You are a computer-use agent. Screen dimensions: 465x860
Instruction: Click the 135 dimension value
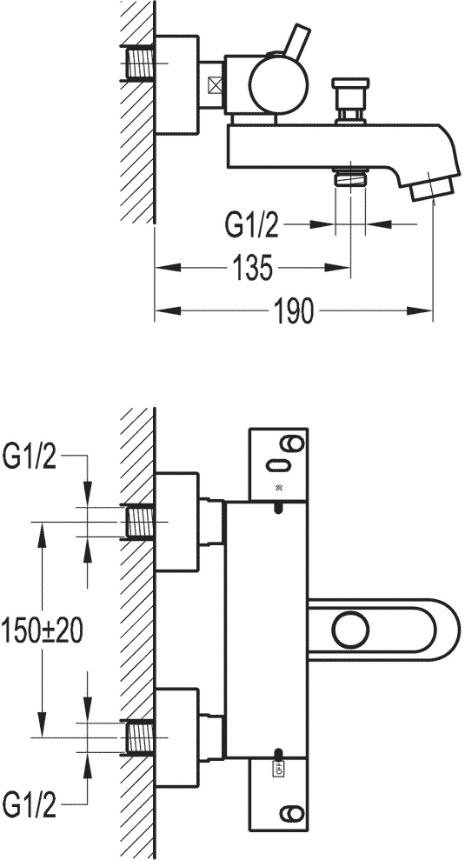[x=253, y=268]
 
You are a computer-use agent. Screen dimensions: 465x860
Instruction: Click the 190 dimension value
[x=294, y=311]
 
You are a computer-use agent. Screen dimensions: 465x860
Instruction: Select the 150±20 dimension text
[x=43, y=630]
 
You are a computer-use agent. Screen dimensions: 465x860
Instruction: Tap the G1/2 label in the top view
[x=252, y=225]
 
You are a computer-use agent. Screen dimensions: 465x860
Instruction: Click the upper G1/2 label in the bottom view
[x=30, y=457]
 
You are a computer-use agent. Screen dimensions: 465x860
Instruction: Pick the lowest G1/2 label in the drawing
[x=30, y=806]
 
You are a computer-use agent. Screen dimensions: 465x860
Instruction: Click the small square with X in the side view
[x=216, y=85]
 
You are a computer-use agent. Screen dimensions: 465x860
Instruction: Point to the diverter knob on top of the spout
[x=350, y=99]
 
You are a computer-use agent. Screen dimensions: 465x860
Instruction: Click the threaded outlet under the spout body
[x=351, y=178]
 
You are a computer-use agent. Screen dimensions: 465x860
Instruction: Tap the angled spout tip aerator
[x=432, y=189]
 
